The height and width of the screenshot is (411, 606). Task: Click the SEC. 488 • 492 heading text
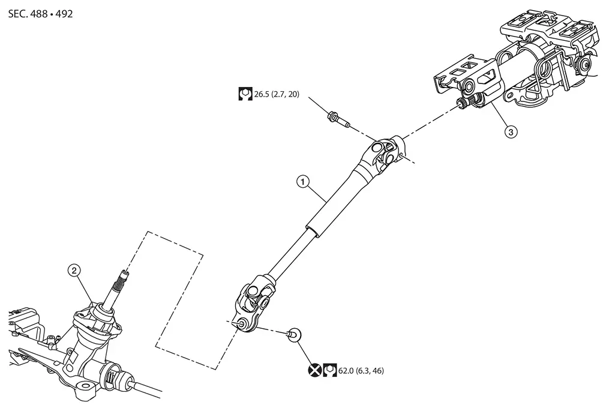click(40, 14)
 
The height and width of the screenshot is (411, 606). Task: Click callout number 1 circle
click(302, 181)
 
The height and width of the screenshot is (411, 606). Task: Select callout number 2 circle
click(74, 270)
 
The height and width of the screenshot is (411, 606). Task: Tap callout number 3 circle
click(511, 132)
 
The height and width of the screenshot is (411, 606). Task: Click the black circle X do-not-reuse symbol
click(315, 370)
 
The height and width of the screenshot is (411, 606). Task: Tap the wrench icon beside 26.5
click(245, 94)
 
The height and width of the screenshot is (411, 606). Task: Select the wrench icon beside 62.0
click(329, 370)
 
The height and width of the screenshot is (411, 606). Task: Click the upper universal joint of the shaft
click(385, 153)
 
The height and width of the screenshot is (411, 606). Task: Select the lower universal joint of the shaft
click(254, 304)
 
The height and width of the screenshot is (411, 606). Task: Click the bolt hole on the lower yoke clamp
click(243, 323)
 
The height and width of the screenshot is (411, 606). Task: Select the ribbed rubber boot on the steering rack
click(115, 377)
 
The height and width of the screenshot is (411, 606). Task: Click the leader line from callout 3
click(499, 115)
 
